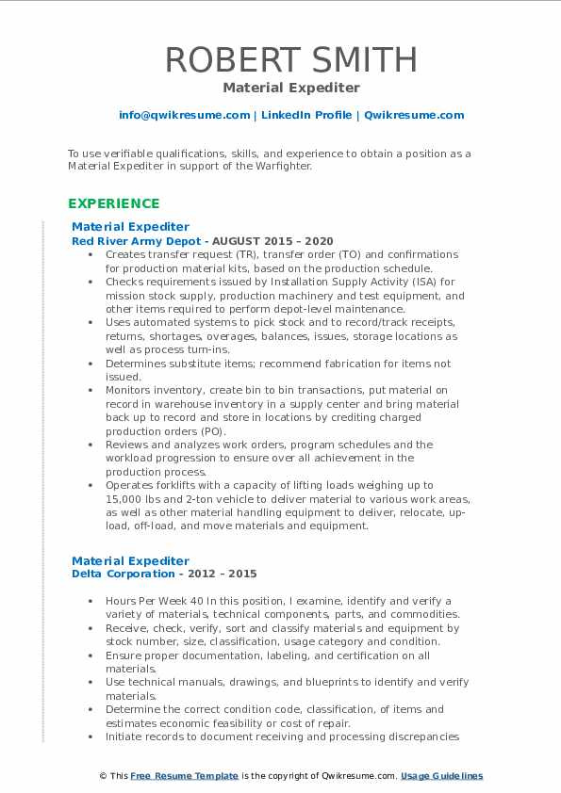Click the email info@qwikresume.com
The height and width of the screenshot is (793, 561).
click(x=184, y=115)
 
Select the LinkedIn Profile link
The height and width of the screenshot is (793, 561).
click(x=305, y=115)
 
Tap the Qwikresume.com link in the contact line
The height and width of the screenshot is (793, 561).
click(x=414, y=115)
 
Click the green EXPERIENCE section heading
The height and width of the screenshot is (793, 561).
click(x=114, y=203)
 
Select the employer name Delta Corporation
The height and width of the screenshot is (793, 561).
click(x=123, y=574)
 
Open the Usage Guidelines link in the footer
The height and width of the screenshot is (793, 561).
click(x=441, y=776)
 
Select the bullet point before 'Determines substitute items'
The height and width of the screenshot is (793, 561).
click(x=90, y=364)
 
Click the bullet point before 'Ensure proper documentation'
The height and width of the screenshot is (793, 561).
click(x=90, y=655)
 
